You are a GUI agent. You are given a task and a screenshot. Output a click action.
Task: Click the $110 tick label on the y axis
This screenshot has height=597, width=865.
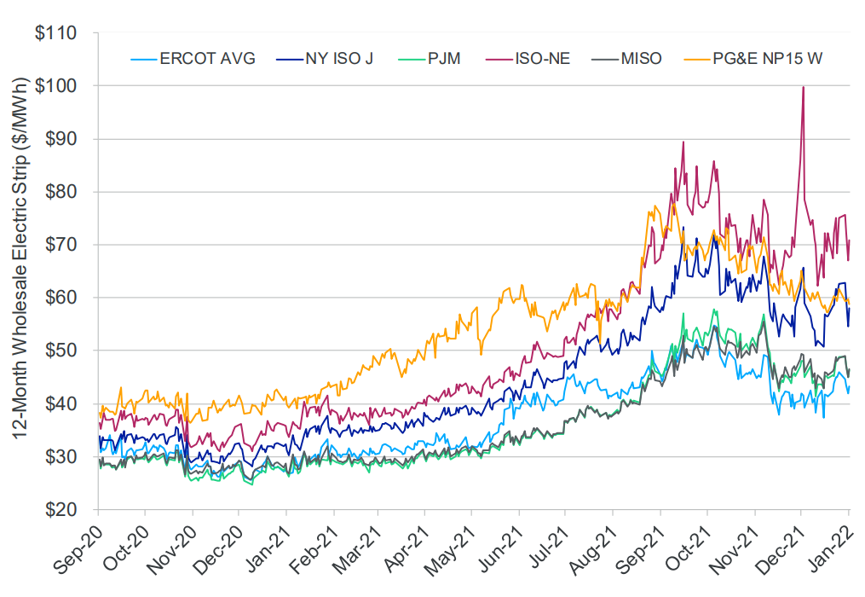click(x=56, y=34)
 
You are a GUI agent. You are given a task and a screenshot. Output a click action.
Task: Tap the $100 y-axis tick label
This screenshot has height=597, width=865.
click(x=56, y=87)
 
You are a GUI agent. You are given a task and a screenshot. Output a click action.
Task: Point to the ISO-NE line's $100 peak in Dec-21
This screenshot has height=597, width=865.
click(x=803, y=87)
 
